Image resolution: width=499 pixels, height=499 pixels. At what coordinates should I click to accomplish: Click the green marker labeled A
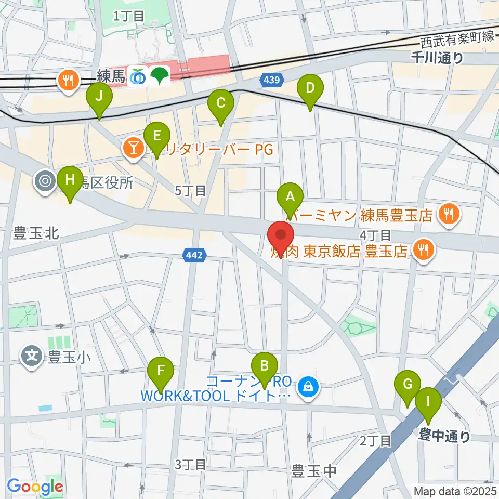[290, 197]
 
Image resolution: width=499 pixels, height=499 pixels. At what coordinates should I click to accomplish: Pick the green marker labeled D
[310, 88]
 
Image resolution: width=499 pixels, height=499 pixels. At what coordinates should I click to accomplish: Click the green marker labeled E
[156, 136]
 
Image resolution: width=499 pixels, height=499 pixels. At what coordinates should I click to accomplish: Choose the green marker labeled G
[408, 385]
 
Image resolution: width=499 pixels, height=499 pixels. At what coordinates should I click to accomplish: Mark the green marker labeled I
[428, 401]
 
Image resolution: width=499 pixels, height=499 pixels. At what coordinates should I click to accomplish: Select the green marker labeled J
[99, 97]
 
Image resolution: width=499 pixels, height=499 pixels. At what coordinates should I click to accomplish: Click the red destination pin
[281, 237]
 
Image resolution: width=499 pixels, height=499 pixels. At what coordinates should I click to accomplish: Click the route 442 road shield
[195, 255]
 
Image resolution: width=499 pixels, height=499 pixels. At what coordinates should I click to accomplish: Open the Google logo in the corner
[35, 487]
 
